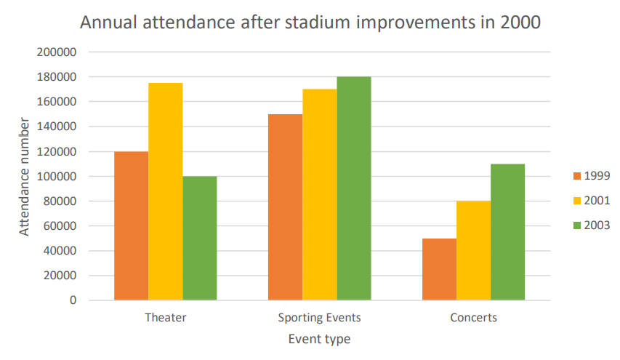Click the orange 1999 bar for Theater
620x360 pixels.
tap(132, 225)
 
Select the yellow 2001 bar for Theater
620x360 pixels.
tap(166, 191)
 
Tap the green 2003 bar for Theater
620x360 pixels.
tap(200, 238)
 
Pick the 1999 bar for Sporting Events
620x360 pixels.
tap(285, 207)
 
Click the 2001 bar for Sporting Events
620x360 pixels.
tap(319, 194)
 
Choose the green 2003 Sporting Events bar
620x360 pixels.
tap(354, 188)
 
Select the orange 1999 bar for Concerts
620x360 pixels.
tap(439, 269)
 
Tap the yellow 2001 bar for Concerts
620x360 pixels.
tap(473, 250)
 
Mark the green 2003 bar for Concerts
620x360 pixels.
tap(507, 232)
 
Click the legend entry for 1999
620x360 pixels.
tap(590, 175)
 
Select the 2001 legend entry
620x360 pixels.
tap(590, 200)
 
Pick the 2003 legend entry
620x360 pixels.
tap(590, 225)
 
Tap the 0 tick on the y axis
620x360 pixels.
tap(73, 300)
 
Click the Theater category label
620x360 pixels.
tap(166, 318)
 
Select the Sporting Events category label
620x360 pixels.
tap(319, 318)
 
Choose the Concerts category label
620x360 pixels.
tap(473, 318)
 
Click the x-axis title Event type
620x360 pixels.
tap(319, 339)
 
